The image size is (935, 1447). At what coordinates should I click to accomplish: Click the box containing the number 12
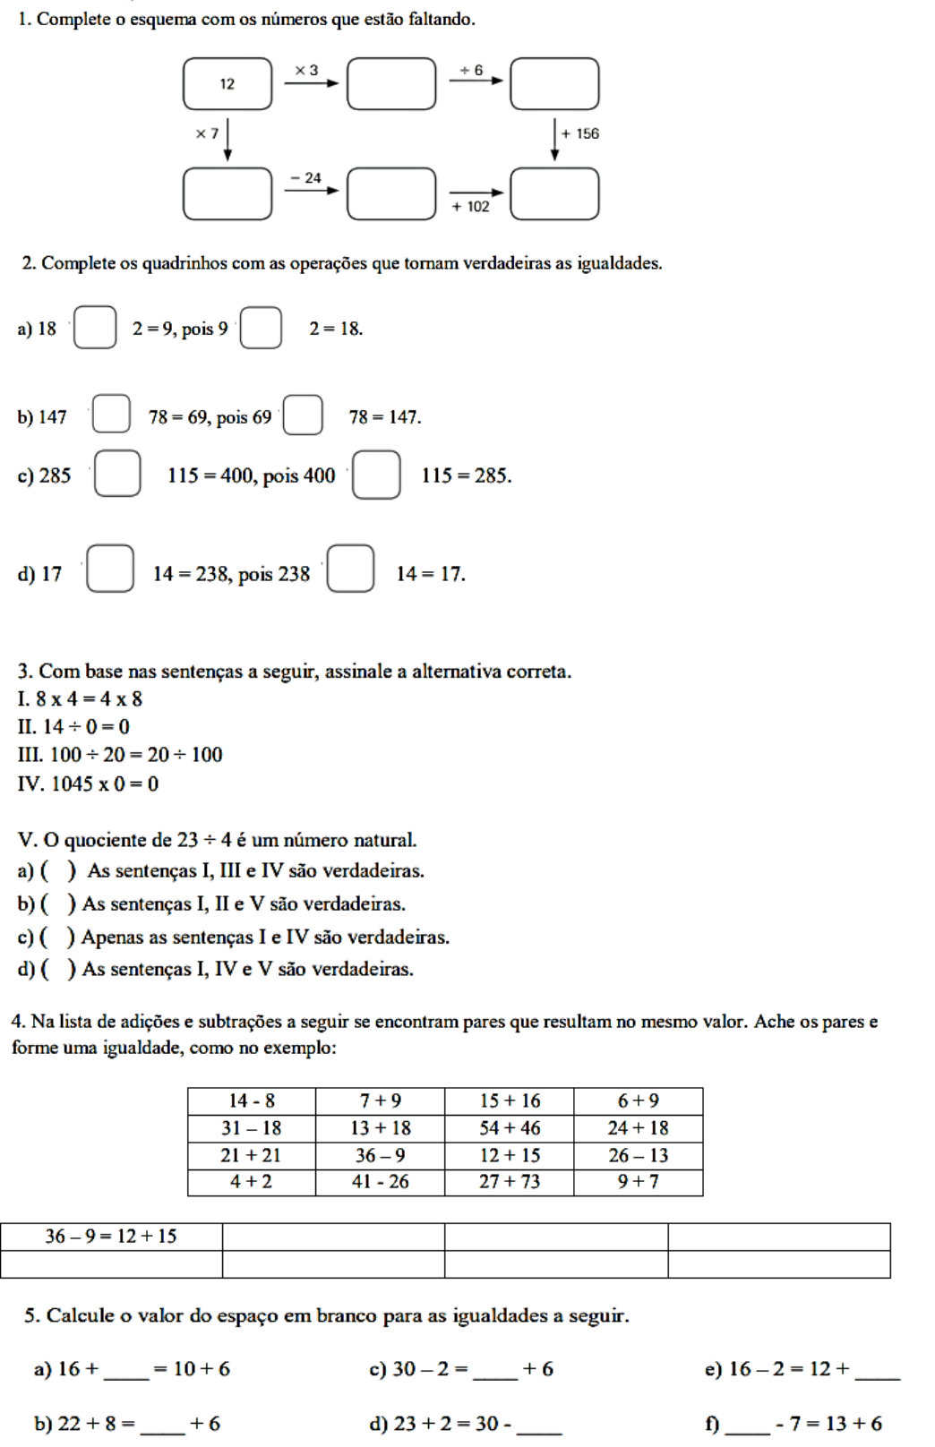(x=227, y=83)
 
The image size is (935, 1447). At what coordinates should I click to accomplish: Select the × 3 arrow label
(x=306, y=70)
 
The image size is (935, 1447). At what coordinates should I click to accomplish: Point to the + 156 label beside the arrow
(x=580, y=133)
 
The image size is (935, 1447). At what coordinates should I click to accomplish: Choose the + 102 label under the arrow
(x=471, y=207)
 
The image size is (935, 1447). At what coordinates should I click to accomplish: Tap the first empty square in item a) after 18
(x=95, y=328)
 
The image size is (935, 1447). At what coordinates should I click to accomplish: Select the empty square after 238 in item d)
(x=350, y=569)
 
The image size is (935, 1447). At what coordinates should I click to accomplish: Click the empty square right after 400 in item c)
(x=376, y=475)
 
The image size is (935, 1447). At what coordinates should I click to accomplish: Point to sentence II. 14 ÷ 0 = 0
(x=73, y=727)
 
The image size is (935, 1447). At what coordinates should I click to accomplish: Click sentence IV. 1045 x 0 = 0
(x=88, y=784)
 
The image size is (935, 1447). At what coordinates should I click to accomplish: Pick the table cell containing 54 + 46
(x=510, y=1128)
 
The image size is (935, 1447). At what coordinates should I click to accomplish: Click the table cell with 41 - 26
(x=381, y=1182)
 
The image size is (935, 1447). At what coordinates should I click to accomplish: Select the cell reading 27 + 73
(x=510, y=1182)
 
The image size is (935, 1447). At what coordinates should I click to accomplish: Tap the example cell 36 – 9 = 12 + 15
(x=111, y=1237)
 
